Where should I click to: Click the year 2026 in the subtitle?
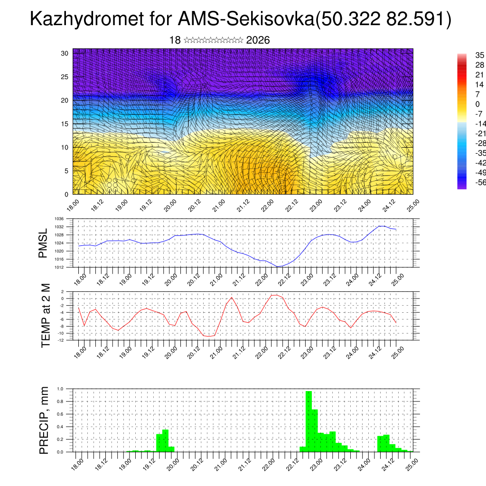coord(258,40)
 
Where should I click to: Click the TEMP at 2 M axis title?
coord(46,316)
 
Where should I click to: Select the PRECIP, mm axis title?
coord(44,420)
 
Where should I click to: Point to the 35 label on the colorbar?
coord(480,56)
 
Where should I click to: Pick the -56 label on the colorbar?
coord(480,182)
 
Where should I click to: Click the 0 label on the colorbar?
coord(477,104)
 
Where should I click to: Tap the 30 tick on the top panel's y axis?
coord(65,53)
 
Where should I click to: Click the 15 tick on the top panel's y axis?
coord(65,124)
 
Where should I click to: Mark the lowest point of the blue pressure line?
coord(279,266)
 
